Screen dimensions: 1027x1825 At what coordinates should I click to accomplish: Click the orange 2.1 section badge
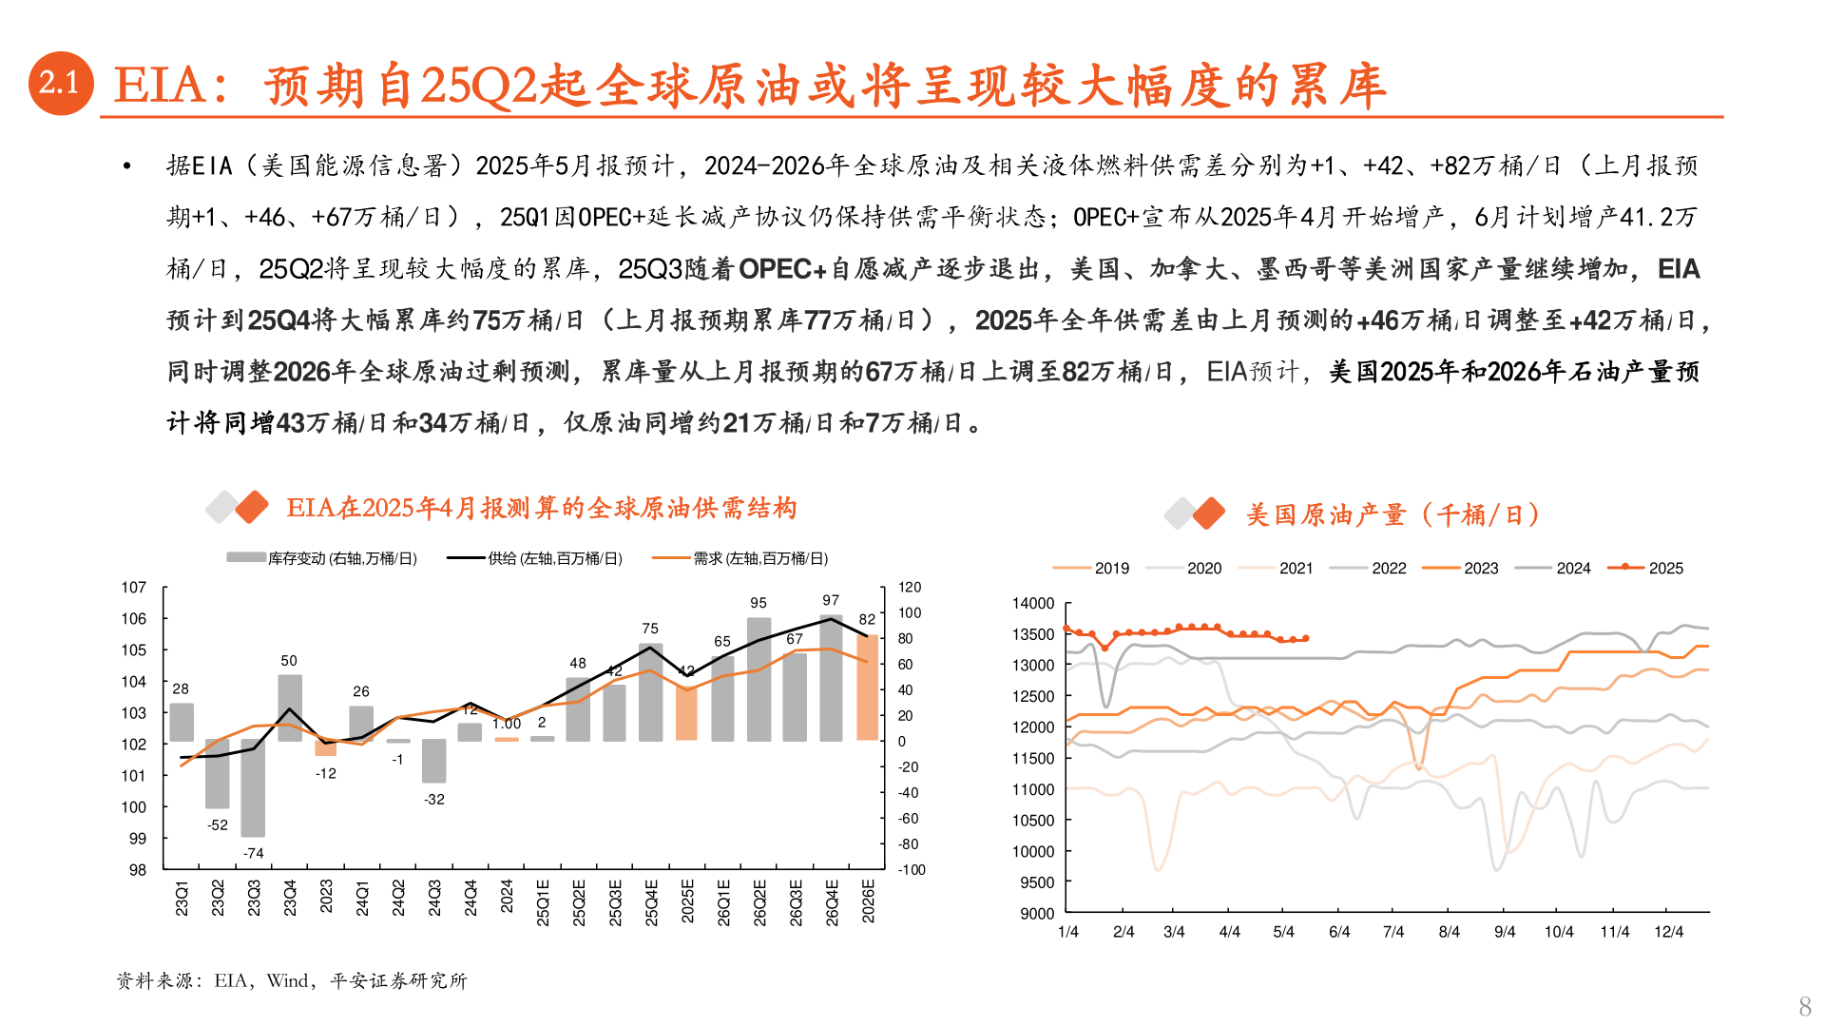(61, 84)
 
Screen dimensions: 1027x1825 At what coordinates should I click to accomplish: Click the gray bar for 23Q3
(253, 787)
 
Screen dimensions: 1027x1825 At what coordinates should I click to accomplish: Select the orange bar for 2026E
(867, 687)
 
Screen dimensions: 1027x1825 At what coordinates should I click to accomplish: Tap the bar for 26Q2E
(759, 679)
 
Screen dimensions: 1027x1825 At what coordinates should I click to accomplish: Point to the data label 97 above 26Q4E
(831, 600)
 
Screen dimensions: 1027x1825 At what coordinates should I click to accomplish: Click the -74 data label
(253, 853)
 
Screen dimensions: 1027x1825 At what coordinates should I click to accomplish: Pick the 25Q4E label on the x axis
(651, 902)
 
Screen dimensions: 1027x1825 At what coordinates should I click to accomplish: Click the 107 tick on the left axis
(134, 588)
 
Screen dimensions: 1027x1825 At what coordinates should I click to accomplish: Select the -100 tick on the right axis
(912, 870)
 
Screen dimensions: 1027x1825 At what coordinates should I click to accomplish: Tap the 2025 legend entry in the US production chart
(1646, 568)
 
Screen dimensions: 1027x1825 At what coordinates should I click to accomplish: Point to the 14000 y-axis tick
(1033, 604)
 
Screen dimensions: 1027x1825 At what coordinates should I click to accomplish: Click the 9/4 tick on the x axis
(1505, 932)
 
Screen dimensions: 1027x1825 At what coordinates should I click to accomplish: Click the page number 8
(1805, 1006)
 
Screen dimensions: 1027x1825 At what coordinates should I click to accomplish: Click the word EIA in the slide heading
(159, 86)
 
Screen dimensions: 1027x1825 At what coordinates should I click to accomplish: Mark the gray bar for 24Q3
(434, 761)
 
